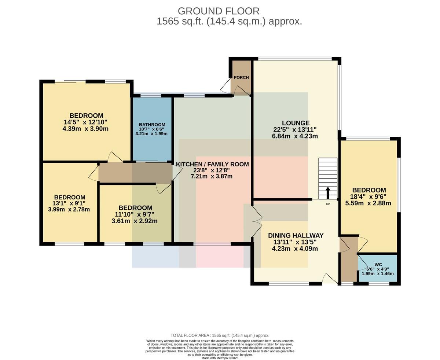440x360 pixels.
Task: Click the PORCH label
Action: [241, 77]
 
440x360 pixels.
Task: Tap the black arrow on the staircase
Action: [328, 193]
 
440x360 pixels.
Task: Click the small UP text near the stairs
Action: [328, 204]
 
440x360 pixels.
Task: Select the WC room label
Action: [378, 265]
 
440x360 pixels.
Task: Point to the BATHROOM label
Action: [152, 125]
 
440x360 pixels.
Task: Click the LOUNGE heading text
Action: [296, 123]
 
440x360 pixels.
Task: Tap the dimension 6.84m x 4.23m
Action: [295, 136]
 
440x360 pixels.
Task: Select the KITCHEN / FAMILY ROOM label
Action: [212, 164]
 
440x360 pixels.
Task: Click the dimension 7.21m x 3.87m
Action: [212, 176]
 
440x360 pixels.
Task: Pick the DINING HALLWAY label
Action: [296, 235]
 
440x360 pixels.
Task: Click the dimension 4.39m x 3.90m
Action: [85, 129]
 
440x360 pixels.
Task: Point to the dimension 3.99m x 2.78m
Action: [69, 209]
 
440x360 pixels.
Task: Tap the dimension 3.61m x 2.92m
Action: [135, 221]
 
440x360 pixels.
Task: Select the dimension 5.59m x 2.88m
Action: [368, 203]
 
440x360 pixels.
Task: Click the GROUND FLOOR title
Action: [219, 11]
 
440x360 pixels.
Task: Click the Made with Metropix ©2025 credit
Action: [220, 358]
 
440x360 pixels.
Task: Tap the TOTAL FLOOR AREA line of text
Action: [220, 335]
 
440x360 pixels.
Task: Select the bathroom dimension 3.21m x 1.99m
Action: [151, 134]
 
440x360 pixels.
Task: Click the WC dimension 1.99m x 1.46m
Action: [378, 273]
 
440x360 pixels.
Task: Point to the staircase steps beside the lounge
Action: [328, 179]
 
